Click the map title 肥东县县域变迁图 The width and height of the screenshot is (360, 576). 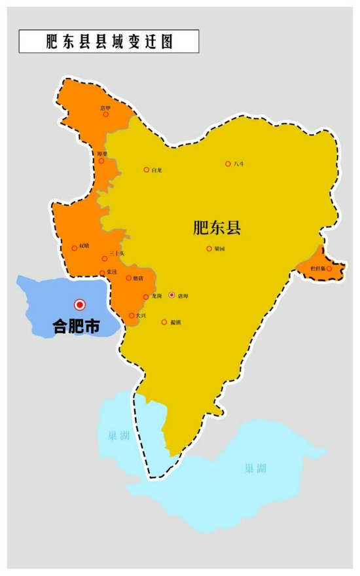click(x=109, y=41)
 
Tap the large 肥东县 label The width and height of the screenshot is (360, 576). click(x=218, y=228)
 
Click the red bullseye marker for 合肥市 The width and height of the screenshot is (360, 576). click(x=80, y=304)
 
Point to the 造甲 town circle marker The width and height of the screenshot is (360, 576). click(x=105, y=114)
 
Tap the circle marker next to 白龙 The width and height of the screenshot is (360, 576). click(x=146, y=170)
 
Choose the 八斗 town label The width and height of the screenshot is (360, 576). click(x=239, y=164)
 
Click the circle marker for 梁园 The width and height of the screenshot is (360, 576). click(x=209, y=249)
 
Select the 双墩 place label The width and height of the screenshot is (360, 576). click(x=84, y=246)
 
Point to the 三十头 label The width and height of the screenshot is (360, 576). click(x=117, y=253)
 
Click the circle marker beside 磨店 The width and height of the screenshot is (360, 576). click(x=128, y=278)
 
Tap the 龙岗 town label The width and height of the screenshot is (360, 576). click(x=156, y=297)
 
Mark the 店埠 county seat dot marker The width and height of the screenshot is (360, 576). click(x=171, y=296)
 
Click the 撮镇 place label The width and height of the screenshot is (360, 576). click(x=175, y=321)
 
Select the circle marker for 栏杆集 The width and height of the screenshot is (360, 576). click(x=329, y=268)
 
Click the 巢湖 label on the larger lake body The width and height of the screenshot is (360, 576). click(x=255, y=469)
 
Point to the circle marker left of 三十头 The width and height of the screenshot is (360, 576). click(x=105, y=259)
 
